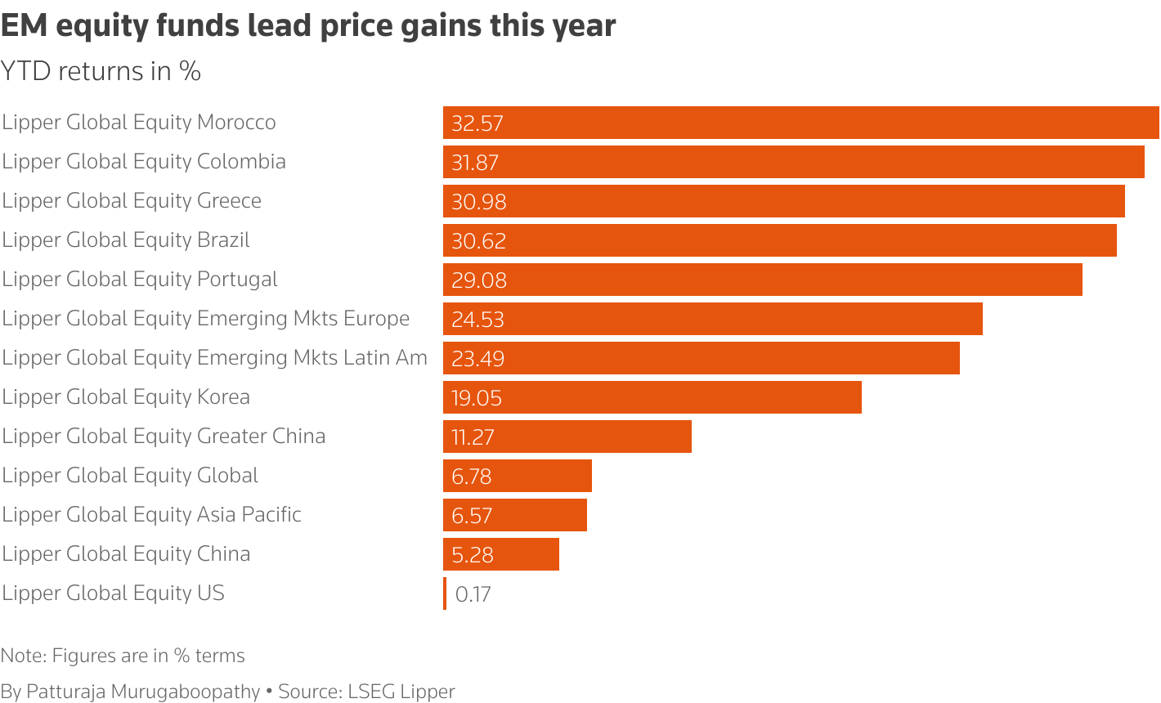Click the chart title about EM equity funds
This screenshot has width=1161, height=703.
click(x=308, y=26)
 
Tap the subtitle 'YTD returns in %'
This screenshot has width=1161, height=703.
click(x=101, y=72)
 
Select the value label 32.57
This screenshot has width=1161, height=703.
click(x=477, y=123)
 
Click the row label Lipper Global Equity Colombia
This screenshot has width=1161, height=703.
click(x=144, y=161)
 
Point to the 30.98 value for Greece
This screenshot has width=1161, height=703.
click(x=478, y=202)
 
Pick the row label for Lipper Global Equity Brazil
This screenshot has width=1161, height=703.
click(x=126, y=240)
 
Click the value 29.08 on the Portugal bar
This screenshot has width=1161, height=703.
click(x=479, y=280)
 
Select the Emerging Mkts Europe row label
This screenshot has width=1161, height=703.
click(x=206, y=318)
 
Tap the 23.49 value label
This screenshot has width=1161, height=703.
click(x=477, y=359)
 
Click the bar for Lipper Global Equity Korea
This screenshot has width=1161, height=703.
click(x=652, y=397)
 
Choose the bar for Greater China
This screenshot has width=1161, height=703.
click(x=567, y=437)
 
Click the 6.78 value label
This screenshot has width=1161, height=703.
click(x=472, y=477)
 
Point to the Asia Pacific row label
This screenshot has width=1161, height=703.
click(x=152, y=514)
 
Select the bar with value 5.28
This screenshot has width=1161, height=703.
click(x=500, y=554)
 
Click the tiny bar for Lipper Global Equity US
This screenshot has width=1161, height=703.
click(x=445, y=593)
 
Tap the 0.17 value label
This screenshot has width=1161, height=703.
click(x=473, y=594)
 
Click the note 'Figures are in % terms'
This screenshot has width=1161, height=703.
click(x=123, y=656)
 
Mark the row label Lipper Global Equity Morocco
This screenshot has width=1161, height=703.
click(x=139, y=122)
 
